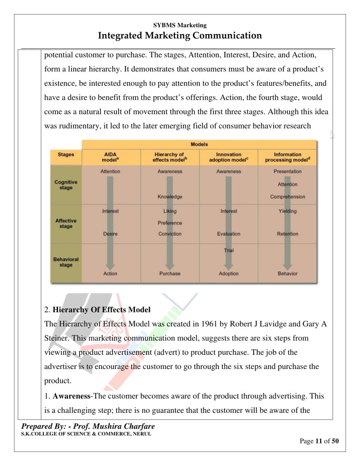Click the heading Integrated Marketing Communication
point(180,35)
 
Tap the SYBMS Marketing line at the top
point(180,25)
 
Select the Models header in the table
point(199,144)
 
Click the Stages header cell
point(66,155)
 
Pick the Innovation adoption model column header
point(228,157)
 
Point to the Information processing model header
point(287,157)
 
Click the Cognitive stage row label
point(66,185)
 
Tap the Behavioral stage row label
point(66,262)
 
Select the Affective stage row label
point(66,223)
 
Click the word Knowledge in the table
point(170,197)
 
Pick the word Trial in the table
point(228,251)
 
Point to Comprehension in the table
point(287,197)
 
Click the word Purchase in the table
point(170,274)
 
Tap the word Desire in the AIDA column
point(110,234)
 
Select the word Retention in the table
point(287,234)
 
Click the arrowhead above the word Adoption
point(228,266)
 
